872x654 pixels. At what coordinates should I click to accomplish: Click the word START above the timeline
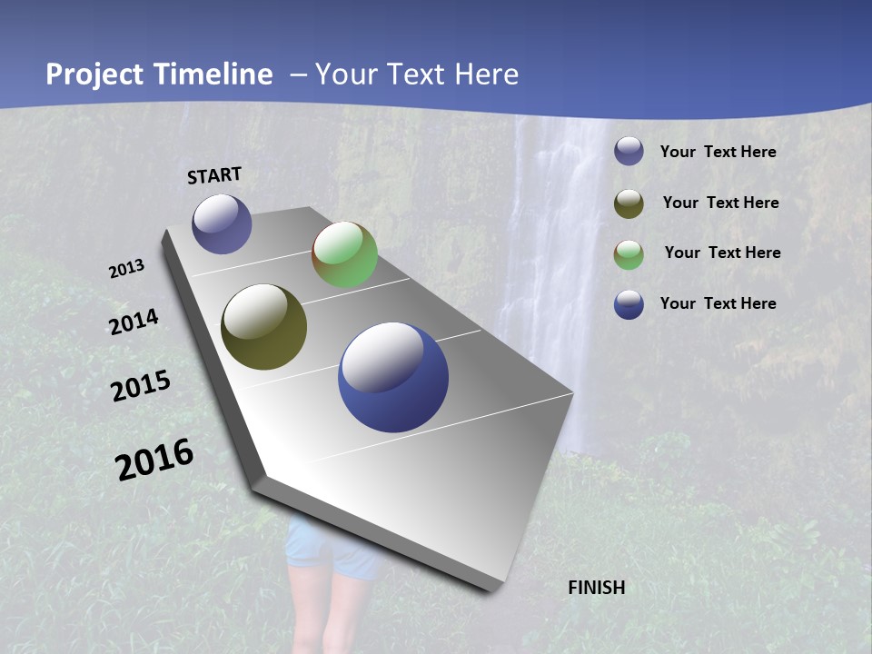214,175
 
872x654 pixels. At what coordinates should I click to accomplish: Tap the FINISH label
596,588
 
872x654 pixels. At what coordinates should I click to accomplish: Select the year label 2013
127,269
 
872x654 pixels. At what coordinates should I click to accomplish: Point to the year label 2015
141,386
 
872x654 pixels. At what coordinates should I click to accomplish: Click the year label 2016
154,460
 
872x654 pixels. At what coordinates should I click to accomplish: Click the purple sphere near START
222,223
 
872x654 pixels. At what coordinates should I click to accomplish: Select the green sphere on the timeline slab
344,254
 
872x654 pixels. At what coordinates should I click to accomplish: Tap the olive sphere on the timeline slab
263,327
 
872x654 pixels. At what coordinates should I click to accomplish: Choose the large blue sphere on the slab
393,377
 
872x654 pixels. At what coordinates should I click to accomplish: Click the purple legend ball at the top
629,152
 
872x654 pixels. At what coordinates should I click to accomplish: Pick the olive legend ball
629,203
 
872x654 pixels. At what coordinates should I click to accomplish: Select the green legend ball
629,254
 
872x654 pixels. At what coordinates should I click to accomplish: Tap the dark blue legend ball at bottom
629,304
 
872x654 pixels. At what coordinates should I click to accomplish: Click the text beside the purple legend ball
718,153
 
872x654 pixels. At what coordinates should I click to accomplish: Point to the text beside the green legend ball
722,253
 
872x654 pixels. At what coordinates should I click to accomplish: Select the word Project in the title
95,74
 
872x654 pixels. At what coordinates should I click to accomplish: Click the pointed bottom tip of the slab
491,588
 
